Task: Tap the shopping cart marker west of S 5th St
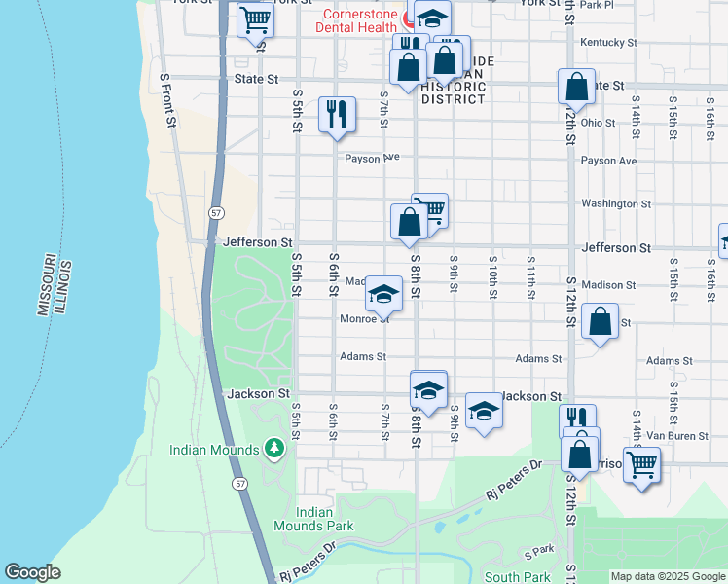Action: point(255,20)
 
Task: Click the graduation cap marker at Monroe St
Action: point(383,293)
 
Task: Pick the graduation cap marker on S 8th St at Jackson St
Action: point(427,389)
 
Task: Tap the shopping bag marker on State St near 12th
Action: point(576,86)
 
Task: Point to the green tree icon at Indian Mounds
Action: point(275,448)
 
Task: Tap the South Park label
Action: point(518,577)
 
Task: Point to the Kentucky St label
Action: point(607,43)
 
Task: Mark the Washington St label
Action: point(615,204)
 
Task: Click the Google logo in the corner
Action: point(32,572)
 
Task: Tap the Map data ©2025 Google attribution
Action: point(668,576)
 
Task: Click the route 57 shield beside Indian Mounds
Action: point(238,482)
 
